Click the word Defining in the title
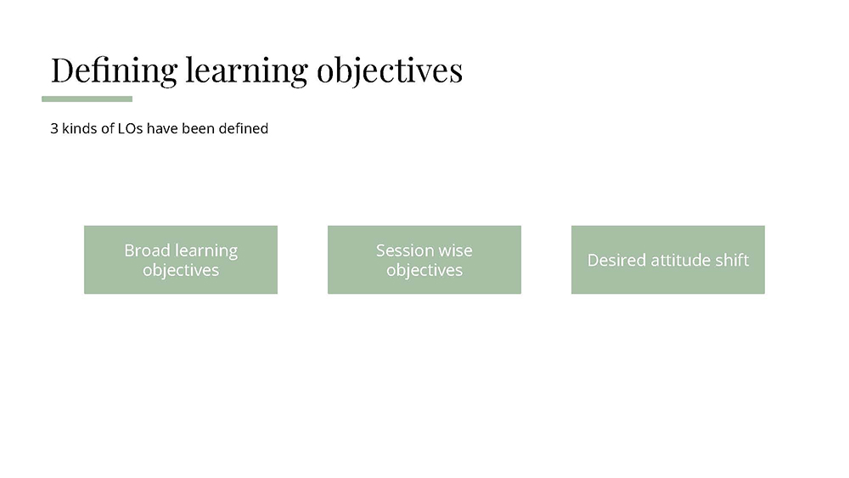[x=115, y=71]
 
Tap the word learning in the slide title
[x=247, y=71]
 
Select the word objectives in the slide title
[x=390, y=71]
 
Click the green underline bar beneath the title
[x=87, y=99]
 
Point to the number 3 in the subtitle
[x=54, y=129]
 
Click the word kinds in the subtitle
[x=80, y=129]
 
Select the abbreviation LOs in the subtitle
[x=130, y=129]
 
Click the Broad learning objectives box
[x=181, y=260]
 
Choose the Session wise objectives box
[x=424, y=260]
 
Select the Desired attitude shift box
[x=668, y=260]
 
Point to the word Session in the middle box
[x=402, y=250]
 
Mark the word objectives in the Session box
[x=424, y=270]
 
